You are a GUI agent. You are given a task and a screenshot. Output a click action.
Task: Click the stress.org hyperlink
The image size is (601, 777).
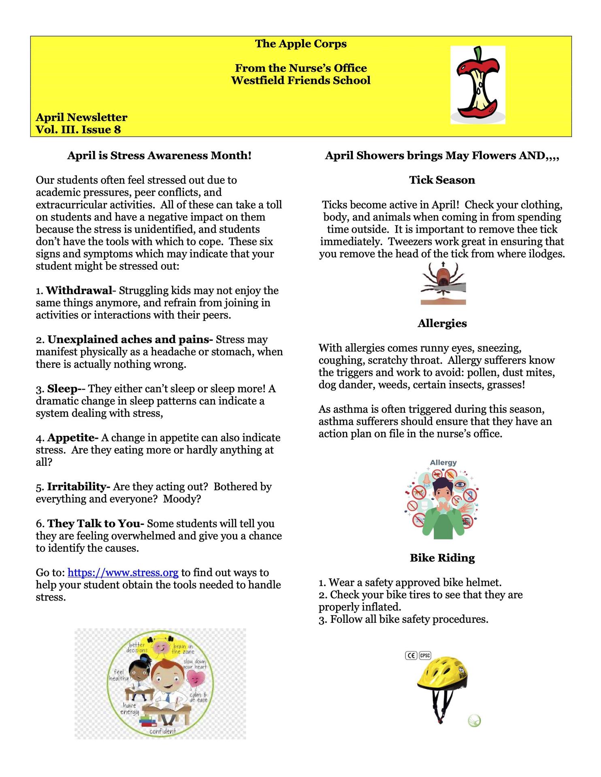coord(123,573)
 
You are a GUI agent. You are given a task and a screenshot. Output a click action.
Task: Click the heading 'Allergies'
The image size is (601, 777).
coord(442,323)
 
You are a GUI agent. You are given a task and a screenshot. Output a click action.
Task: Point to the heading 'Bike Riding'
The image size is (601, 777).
coord(442,558)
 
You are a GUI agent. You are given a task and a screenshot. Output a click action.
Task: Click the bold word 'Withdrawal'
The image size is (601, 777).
coord(79,291)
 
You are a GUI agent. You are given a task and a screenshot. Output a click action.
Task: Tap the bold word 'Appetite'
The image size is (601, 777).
coord(72,437)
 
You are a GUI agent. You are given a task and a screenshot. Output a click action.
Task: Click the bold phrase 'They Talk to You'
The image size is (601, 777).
coord(94,523)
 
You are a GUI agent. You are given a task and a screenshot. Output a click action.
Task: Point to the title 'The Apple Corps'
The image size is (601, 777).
coord(300,44)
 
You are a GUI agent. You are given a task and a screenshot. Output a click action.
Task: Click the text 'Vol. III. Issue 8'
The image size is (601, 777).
coord(78,129)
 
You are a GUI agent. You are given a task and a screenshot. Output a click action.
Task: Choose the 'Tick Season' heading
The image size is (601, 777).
coord(442,180)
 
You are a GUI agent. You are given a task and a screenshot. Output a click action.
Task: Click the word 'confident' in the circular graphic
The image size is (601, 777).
coord(162,731)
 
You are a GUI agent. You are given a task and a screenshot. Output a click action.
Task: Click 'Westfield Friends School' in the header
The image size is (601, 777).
coord(300,80)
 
